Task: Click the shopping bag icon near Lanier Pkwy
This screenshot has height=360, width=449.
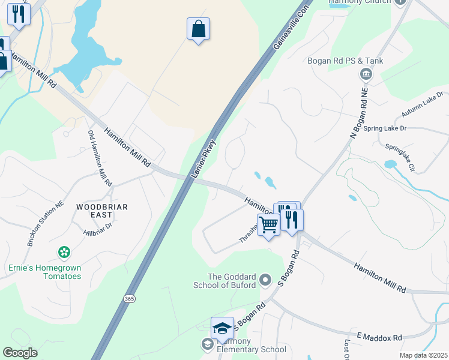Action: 198,29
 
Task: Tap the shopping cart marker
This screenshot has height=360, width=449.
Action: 268,225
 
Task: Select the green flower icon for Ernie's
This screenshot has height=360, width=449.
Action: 63,252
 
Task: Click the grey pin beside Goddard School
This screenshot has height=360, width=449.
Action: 267,279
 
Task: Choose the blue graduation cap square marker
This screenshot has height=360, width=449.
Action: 222,328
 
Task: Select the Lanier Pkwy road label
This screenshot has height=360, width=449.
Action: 203,159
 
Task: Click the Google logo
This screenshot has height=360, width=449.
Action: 20,353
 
